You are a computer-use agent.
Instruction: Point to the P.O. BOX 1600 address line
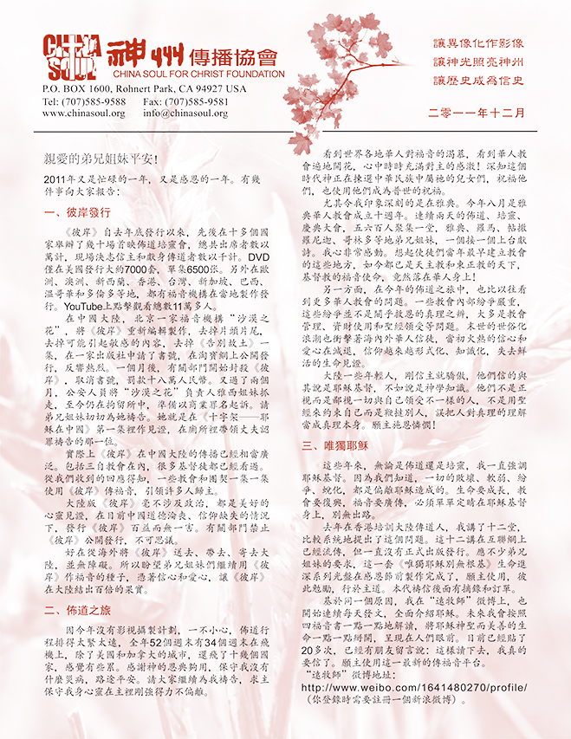coord(144,88)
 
